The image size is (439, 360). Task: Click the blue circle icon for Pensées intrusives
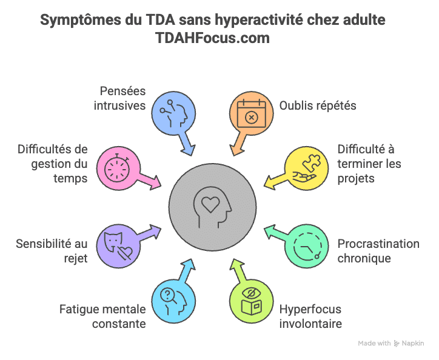click(171, 112)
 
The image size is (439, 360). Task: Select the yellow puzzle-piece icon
click(304, 165)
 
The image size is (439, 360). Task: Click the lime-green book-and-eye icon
click(250, 301)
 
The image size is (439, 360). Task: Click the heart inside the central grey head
click(209, 204)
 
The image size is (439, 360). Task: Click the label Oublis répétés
click(318, 105)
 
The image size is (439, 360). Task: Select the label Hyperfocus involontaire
click(311, 316)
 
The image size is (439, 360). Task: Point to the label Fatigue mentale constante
click(103, 316)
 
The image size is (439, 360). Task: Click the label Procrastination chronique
click(378, 251)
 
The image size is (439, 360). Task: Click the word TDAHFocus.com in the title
click(213, 38)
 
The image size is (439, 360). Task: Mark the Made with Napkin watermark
click(391, 343)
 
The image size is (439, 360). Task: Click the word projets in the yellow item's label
click(357, 179)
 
